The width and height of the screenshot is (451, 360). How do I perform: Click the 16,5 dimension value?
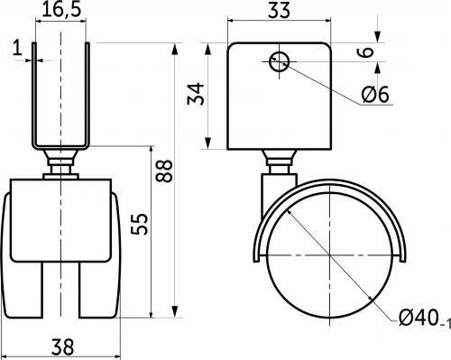coord(61,10)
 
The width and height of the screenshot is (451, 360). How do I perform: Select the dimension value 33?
coord(279,10)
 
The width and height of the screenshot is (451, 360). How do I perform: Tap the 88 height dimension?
coord(164,171)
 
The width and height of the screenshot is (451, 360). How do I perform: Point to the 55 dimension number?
coord(140,224)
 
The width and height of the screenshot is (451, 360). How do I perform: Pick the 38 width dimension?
coord(62,346)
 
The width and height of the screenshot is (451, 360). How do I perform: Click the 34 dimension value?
coord(196,94)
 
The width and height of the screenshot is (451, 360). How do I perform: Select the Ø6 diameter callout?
coord(375,94)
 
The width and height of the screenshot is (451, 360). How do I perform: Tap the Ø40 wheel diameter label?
coord(419,318)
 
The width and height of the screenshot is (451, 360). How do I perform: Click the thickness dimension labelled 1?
coord(18,48)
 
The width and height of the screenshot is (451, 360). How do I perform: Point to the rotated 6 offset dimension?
coord(365,51)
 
